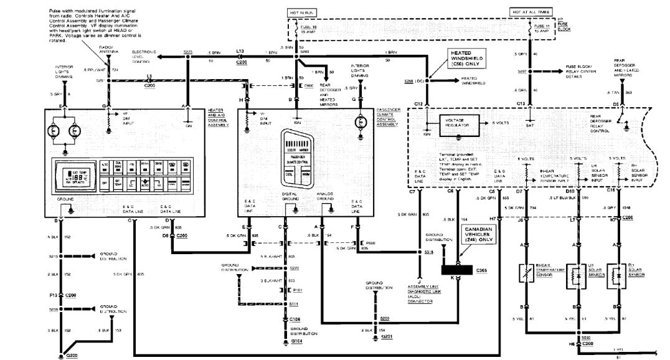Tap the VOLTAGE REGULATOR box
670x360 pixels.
coord(460,123)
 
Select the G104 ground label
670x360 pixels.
coord(296,342)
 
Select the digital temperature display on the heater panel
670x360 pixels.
coord(70,176)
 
